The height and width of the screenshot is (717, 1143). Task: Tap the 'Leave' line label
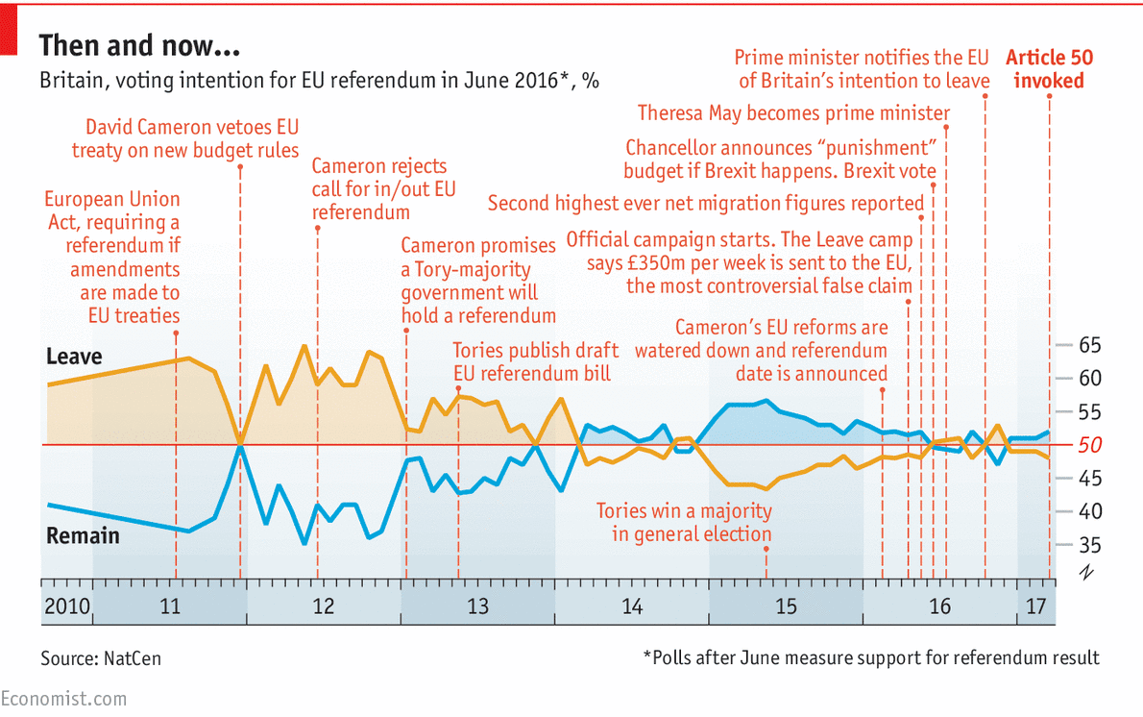(x=74, y=357)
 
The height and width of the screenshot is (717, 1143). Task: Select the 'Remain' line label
(x=83, y=535)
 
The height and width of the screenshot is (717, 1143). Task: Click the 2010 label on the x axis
(x=65, y=606)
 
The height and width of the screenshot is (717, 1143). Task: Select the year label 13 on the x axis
(x=477, y=606)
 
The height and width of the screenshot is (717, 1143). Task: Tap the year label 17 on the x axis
(x=1035, y=606)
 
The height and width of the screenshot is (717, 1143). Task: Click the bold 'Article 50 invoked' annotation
(x=1049, y=69)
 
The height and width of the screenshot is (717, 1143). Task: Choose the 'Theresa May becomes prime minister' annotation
(x=793, y=113)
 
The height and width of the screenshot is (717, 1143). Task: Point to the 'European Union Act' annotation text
(x=112, y=257)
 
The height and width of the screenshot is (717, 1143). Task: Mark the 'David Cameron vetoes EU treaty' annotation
(x=185, y=138)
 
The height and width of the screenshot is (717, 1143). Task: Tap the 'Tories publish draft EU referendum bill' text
(x=535, y=361)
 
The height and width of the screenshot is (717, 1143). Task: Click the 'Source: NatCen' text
(x=101, y=658)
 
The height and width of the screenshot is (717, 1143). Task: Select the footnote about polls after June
(x=870, y=658)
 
